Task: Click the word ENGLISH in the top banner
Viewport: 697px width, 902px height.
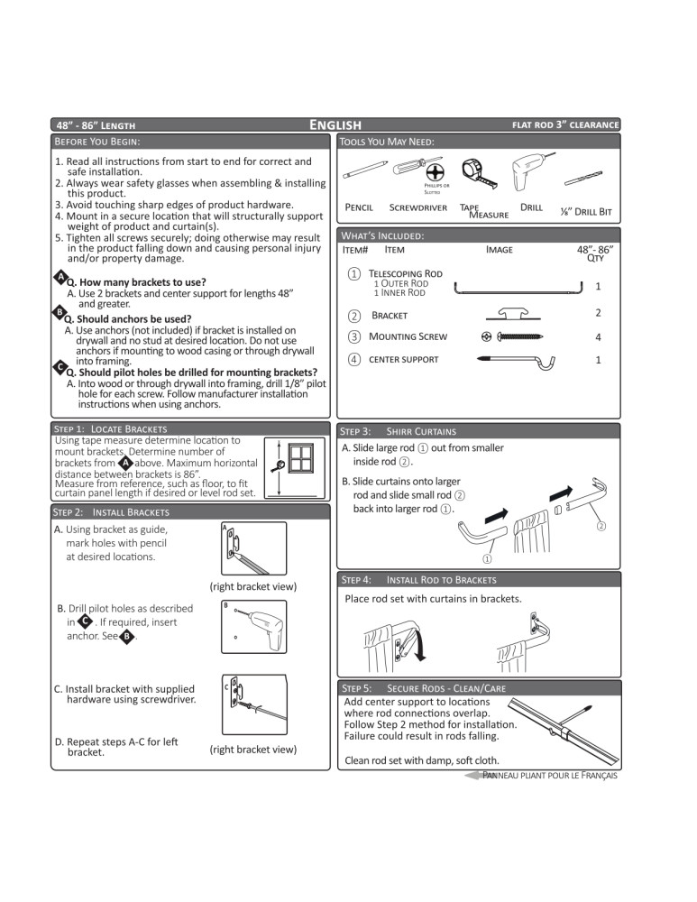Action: [335, 124]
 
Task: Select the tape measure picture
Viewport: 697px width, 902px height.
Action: [478, 173]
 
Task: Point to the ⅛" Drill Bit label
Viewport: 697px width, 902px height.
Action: [585, 211]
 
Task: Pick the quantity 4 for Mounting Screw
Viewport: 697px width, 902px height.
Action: [598, 337]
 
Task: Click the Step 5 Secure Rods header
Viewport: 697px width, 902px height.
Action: [424, 688]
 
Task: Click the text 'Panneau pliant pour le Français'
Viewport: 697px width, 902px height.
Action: [550, 775]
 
